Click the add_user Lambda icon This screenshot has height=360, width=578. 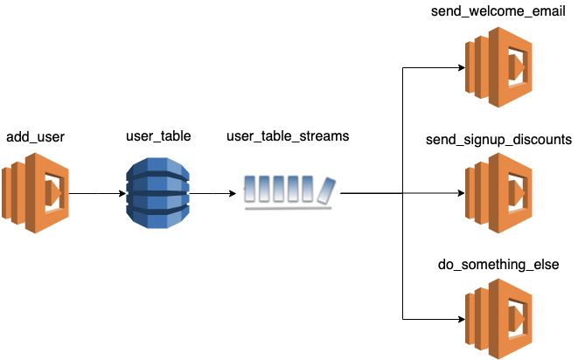tap(35, 193)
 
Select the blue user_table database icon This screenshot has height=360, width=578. tap(157, 193)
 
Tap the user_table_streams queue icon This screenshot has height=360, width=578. tap(289, 193)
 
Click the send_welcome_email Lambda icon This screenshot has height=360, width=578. tap(498, 67)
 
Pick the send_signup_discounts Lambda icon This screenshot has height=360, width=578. tap(498, 193)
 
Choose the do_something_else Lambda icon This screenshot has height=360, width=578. tap(498, 319)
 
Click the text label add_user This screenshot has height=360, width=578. tap(35, 137)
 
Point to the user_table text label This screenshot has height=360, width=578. tap(158, 136)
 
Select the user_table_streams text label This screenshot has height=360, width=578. tap(288, 136)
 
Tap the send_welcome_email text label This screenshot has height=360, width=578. tap(498, 11)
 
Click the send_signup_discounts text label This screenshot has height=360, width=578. tap(498, 140)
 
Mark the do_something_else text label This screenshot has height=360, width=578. tap(498, 265)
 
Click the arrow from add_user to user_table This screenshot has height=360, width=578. tap(97, 193)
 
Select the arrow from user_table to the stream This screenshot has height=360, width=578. tap(212, 193)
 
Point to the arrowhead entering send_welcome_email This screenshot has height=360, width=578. tap(462, 67)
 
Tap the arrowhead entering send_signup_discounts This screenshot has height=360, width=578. tap(462, 193)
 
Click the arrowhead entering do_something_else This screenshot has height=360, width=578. tap(462, 319)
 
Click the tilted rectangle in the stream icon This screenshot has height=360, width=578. tap(326, 190)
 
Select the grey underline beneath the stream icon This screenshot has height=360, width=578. tap(289, 209)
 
